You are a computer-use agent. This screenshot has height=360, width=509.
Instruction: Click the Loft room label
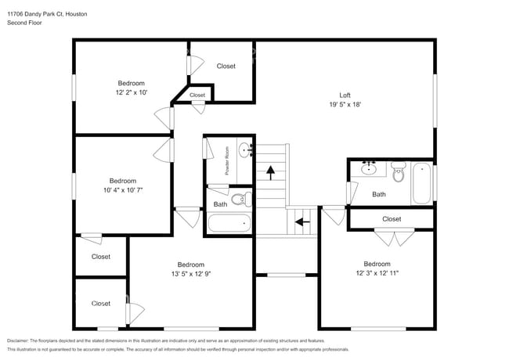(345, 95)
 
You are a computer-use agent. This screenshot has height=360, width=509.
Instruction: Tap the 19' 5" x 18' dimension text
(345, 104)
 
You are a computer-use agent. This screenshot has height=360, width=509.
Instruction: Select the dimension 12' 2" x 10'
(132, 92)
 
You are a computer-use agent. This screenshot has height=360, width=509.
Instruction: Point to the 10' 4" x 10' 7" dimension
(123, 189)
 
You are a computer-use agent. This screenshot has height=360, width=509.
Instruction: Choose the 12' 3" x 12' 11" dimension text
(377, 273)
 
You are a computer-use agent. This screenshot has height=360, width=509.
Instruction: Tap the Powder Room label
(227, 160)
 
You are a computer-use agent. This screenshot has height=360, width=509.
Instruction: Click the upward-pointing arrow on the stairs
(272, 168)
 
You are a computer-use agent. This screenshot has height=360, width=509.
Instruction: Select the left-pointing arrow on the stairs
(301, 221)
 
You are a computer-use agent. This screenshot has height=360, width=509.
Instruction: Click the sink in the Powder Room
(244, 149)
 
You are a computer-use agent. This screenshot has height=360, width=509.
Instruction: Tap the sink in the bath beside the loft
(369, 168)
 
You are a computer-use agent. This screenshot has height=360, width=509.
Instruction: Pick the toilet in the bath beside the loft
(399, 173)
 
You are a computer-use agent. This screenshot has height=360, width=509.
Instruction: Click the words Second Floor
(24, 23)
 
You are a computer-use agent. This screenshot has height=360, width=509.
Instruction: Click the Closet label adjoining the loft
(226, 67)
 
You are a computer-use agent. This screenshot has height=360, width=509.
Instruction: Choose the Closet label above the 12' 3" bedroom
(392, 219)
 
